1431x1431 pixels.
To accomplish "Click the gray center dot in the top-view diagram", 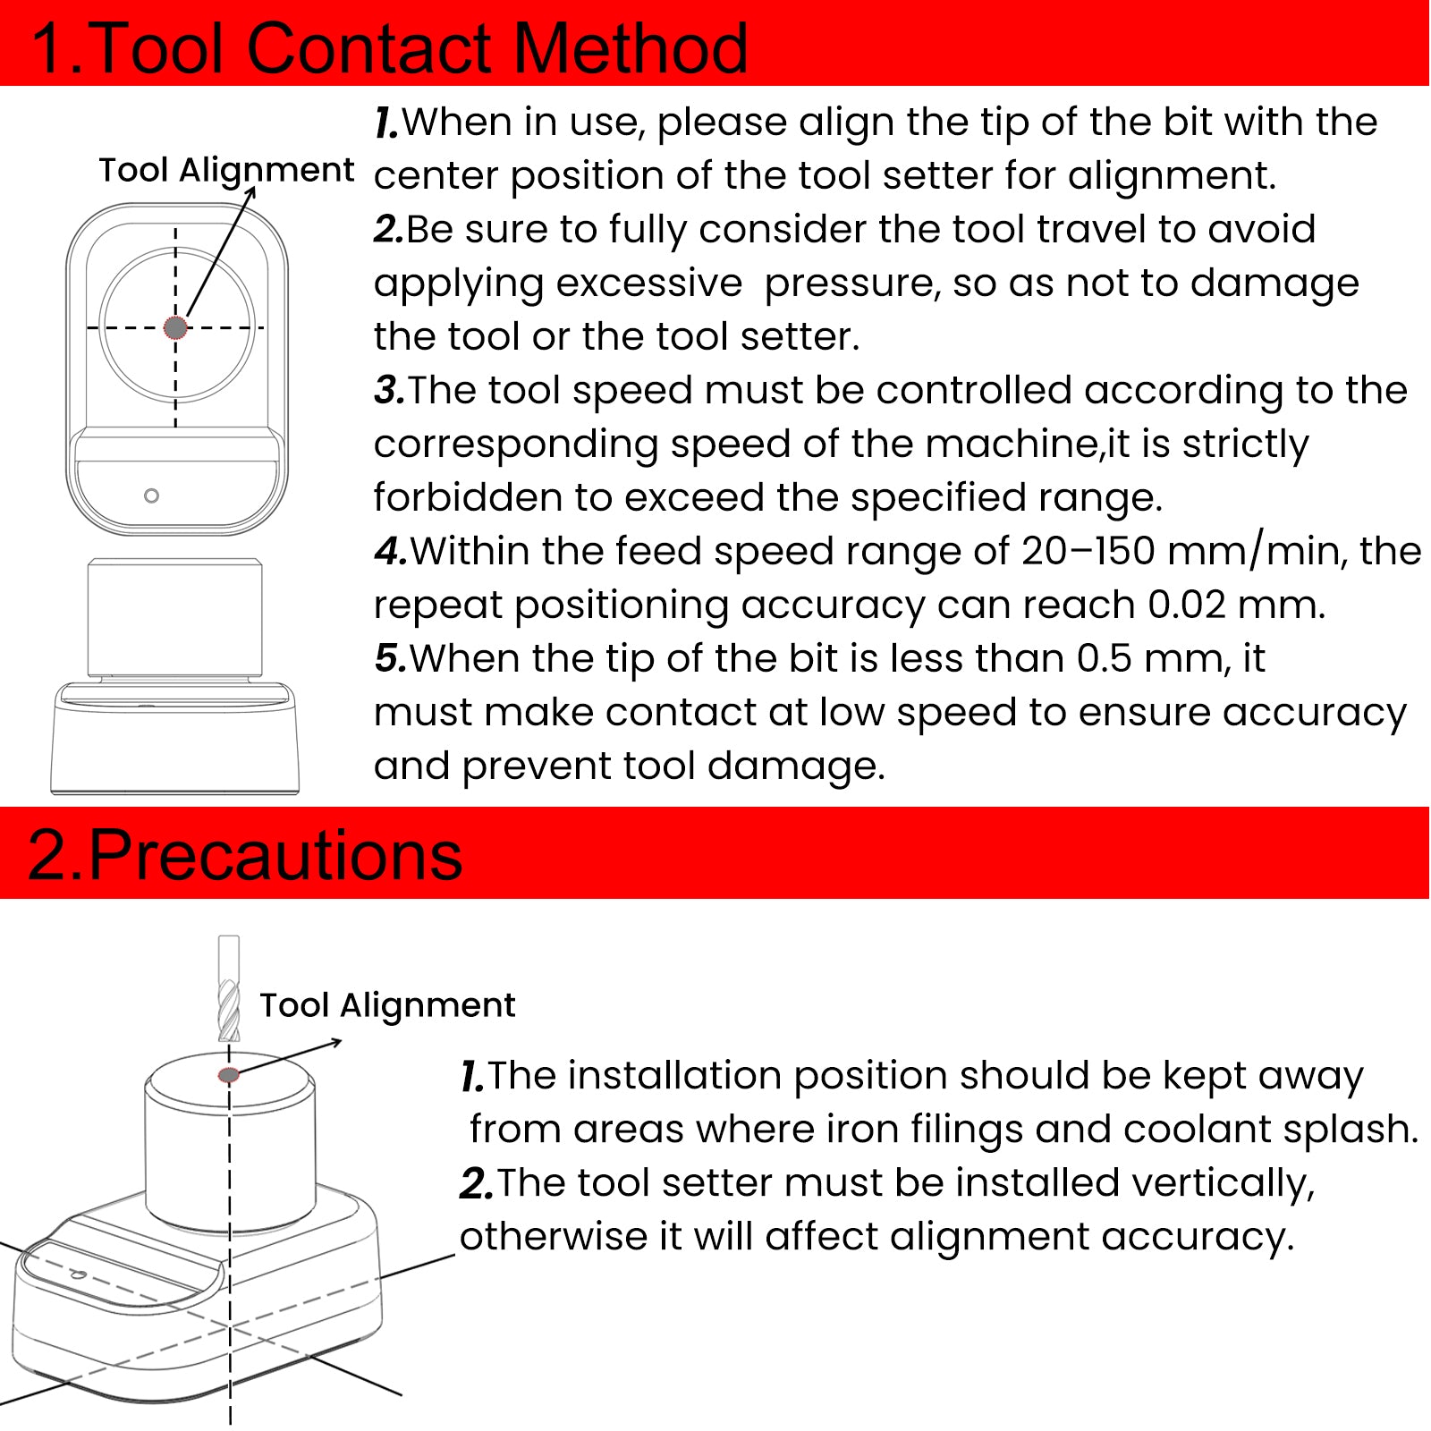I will (175, 327).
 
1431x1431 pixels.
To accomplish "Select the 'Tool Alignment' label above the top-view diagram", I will (225, 169).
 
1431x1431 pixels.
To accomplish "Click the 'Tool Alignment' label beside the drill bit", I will (386, 1004).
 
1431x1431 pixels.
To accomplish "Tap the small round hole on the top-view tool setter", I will (151, 495).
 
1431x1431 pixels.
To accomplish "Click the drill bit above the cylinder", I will (229, 993).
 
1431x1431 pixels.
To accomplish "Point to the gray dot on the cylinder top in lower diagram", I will (229, 1074).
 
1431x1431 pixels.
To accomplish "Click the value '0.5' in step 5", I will (1105, 658).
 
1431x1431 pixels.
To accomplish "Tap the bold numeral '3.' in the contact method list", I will (389, 390).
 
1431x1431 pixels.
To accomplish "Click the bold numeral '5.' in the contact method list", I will (391, 658).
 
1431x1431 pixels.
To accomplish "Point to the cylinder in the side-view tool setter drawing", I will (175, 617).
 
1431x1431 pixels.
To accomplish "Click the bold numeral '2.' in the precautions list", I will (476, 1183).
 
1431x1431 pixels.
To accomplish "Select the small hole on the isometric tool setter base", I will (78, 1274).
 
